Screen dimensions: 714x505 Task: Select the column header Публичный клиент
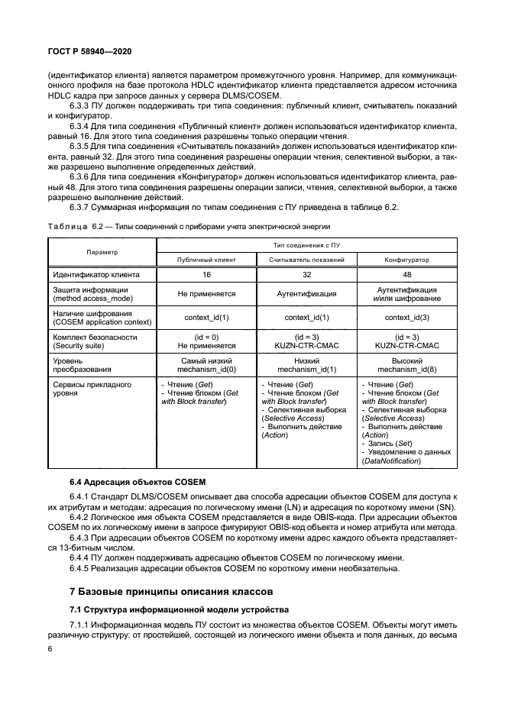pyautogui.click(x=206, y=260)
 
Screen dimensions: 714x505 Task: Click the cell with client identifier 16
pyautogui.click(x=206, y=273)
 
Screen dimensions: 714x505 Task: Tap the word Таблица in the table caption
pyautogui.click(x=67, y=227)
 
